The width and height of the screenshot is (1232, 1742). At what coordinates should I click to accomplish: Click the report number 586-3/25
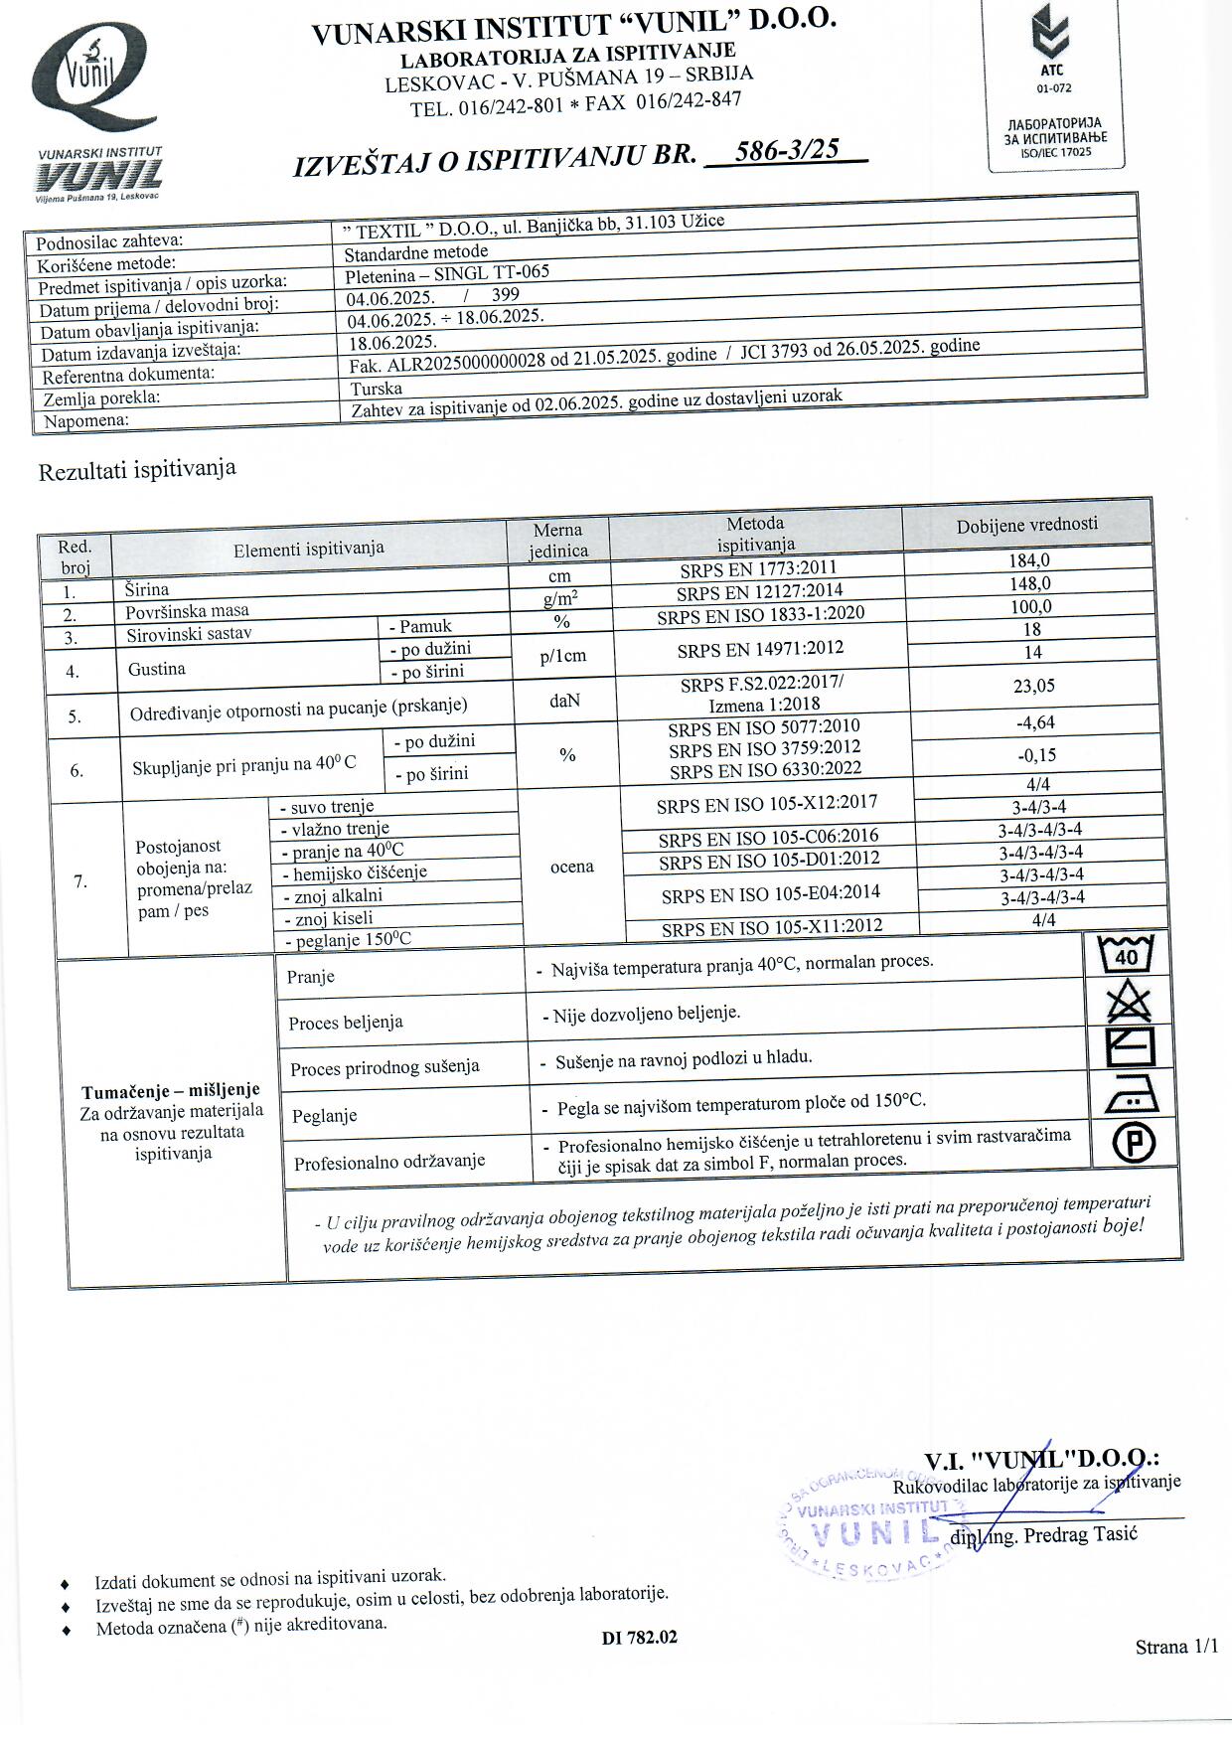785,151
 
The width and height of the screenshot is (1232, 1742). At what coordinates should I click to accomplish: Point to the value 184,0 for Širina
1028,559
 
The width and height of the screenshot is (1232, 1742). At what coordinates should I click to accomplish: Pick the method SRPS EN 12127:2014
759,592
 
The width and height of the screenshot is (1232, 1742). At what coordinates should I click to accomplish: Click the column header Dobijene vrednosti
1026,524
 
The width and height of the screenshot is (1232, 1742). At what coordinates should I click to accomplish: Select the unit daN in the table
564,701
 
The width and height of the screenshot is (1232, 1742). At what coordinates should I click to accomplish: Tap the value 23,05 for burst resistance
1034,685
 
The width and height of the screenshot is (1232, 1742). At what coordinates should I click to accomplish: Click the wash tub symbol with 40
1127,955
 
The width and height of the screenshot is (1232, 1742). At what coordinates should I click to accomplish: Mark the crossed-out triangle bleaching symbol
1129,1001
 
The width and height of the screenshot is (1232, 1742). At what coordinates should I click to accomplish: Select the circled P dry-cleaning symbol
1133,1143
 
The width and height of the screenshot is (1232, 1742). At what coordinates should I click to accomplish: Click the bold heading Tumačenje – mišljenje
171,1090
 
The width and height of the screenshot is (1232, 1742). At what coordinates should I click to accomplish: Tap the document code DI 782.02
639,1637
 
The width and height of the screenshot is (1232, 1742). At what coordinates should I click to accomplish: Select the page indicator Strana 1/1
1175,1647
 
